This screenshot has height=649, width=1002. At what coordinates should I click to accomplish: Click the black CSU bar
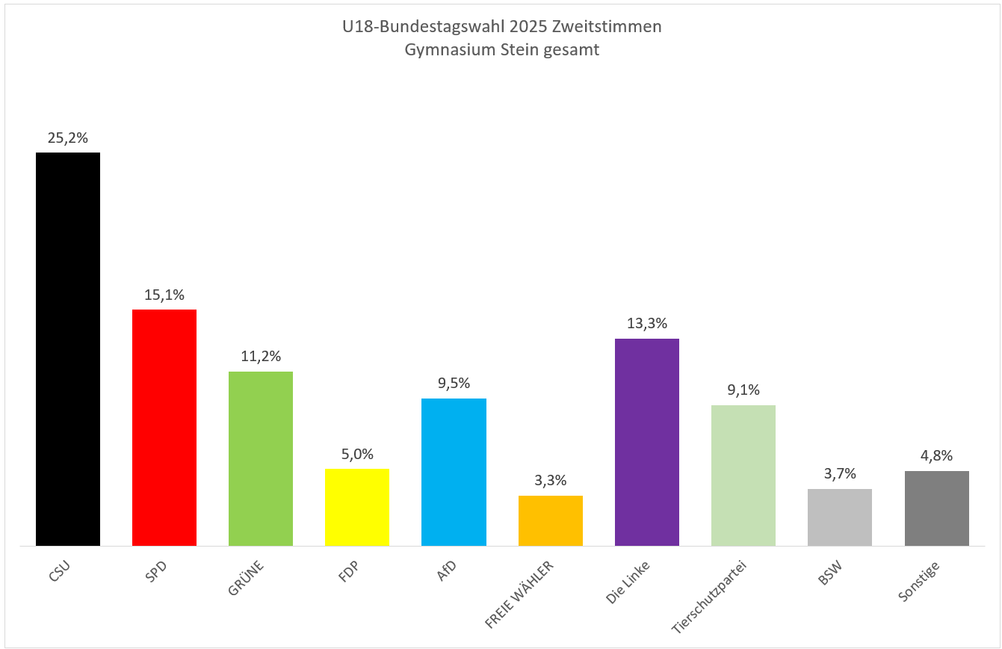[x=68, y=349]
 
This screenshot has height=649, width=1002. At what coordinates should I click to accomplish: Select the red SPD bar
[x=164, y=428]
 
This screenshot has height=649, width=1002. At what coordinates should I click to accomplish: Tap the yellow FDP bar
[x=357, y=507]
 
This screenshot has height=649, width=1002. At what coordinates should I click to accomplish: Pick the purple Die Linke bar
[x=647, y=442]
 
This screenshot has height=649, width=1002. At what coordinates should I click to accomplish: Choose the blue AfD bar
[x=454, y=472]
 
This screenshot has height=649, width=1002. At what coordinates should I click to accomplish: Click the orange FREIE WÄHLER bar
[x=551, y=520]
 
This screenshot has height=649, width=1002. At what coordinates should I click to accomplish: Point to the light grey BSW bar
[x=840, y=517]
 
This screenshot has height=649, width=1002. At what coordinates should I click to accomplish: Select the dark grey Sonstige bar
[x=937, y=508]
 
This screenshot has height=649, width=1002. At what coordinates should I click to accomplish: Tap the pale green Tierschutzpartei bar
[x=743, y=476]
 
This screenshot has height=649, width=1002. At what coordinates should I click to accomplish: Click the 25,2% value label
[x=68, y=138]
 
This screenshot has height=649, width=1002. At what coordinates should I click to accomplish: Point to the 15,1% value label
[x=164, y=295]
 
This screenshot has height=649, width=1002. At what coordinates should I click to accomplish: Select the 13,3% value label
[x=647, y=324]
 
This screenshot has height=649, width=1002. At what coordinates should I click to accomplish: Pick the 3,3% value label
[x=551, y=481]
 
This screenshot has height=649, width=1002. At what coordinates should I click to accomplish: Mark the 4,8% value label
[x=937, y=456]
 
